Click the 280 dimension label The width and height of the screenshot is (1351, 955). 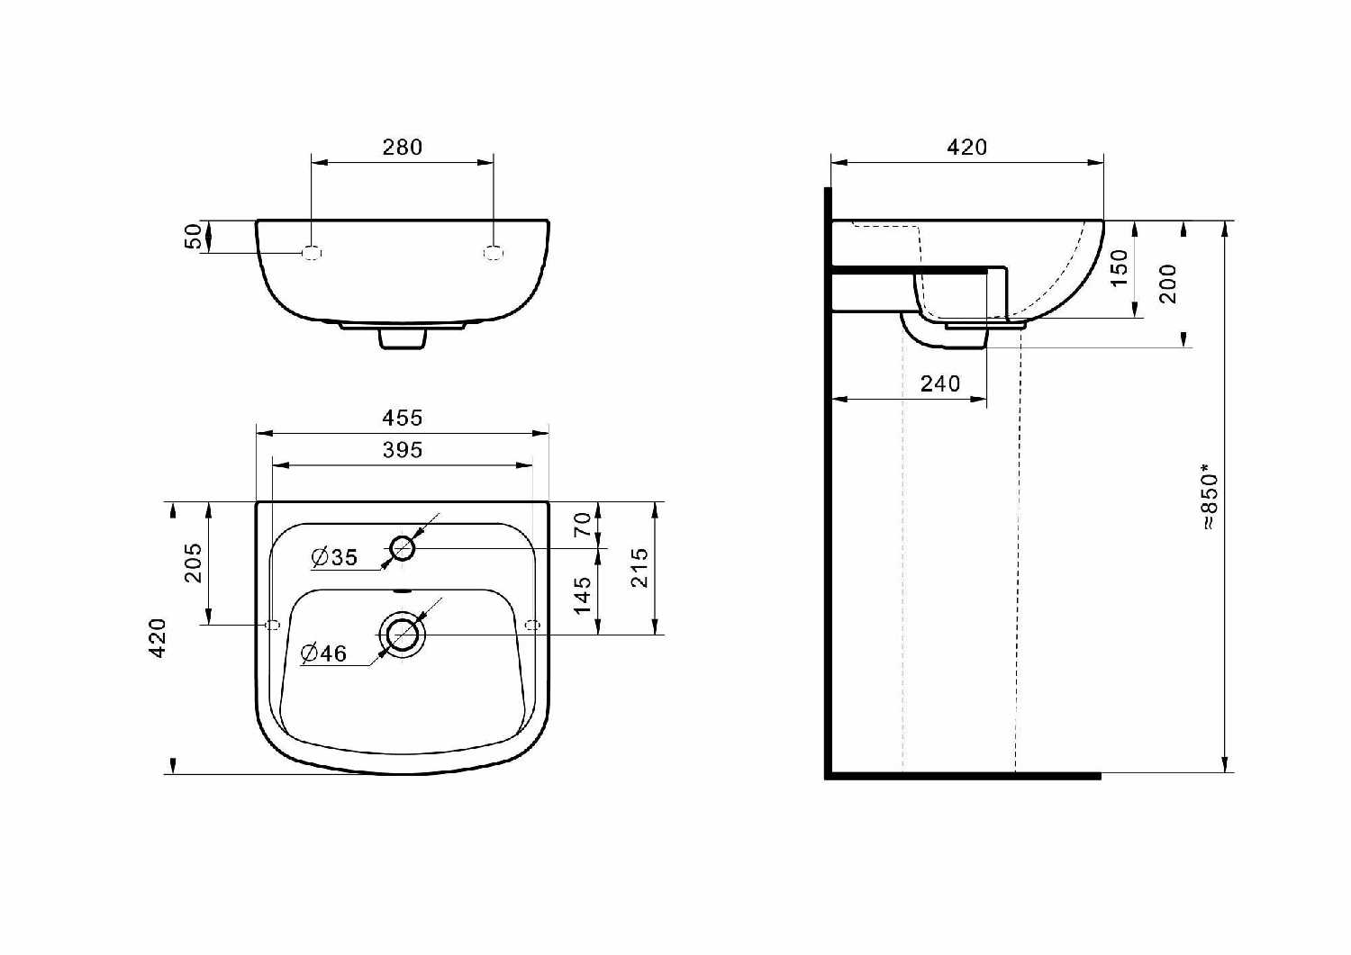point(403,147)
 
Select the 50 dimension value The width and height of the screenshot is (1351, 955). point(193,237)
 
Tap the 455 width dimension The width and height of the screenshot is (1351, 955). point(403,418)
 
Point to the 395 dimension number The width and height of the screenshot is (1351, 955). point(403,450)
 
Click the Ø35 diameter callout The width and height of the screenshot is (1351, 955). point(335,557)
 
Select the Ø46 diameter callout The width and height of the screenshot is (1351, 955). point(324,653)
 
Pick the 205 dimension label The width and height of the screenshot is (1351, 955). point(193,563)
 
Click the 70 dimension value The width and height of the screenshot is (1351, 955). point(583,525)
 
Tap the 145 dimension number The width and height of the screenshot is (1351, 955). point(583,595)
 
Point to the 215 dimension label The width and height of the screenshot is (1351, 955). point(639,567)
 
